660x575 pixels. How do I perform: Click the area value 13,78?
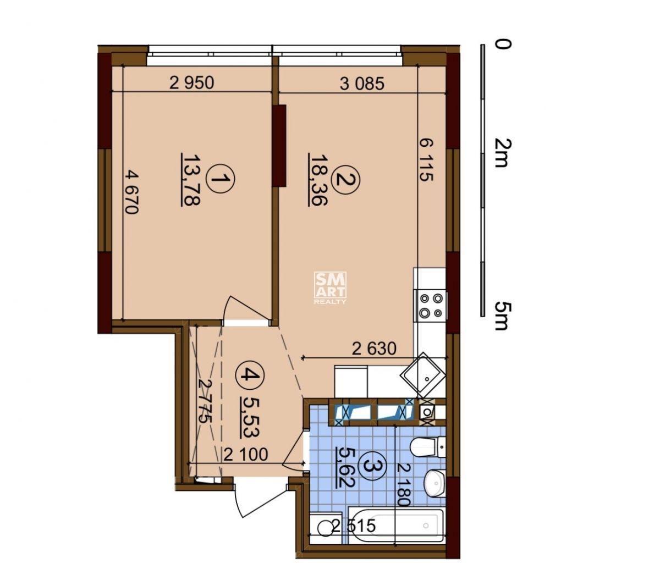(191, 180)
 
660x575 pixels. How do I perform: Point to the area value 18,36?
(318, 180)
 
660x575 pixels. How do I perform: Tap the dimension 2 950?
(191, 83)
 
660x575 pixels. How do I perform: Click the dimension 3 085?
(362, 83)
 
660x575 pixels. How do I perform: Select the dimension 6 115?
(426, 159)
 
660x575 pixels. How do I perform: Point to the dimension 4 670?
(132, 192)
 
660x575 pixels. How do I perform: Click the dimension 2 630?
(374, 349)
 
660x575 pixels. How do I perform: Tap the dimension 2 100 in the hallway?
(246, 455)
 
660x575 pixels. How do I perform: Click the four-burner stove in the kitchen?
(431, 305)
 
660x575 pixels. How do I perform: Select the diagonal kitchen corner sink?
(424, 375)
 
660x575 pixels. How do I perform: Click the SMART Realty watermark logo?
(331, 287)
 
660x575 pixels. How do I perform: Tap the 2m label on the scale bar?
(502, 153)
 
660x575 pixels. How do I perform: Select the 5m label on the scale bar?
(502, 316)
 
